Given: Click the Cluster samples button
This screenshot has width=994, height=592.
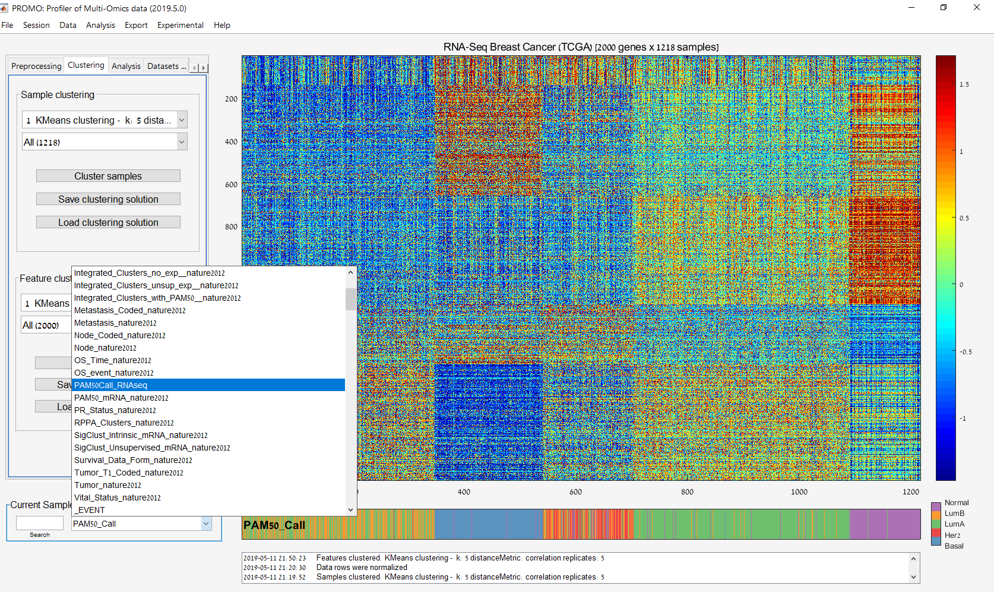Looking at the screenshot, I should click(108, 176).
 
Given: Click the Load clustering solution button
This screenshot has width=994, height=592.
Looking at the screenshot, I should click(108, 222).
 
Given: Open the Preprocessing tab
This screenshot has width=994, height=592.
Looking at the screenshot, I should click(36, 66).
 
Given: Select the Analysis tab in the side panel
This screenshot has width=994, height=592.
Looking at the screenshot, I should click(126, 66).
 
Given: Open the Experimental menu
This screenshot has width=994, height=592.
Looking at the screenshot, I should click(180, 25).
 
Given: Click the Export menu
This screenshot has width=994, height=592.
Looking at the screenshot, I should click(136, 25).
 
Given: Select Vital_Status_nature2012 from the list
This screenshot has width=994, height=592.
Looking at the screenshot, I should click(117, 497).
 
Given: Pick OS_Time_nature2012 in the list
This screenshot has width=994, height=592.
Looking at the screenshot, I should click(112, 360).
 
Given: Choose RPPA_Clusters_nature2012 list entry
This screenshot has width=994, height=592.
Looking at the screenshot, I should click(124, 423).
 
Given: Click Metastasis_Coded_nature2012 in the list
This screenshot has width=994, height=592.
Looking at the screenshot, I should click(129, 310).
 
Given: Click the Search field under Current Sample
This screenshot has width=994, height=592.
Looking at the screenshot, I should click(39, 523).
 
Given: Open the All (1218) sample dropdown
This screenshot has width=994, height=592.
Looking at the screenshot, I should click(105, 142).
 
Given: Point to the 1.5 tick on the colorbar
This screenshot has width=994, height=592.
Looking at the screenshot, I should click(964, 84).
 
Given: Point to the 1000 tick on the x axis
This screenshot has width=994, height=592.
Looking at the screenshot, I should click(799, 492).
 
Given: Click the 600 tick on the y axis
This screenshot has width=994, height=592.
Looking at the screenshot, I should click(231, 184).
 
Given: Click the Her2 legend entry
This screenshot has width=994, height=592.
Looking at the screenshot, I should click(952, 535).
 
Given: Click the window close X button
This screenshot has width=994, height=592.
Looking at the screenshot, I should click(977, 7).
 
